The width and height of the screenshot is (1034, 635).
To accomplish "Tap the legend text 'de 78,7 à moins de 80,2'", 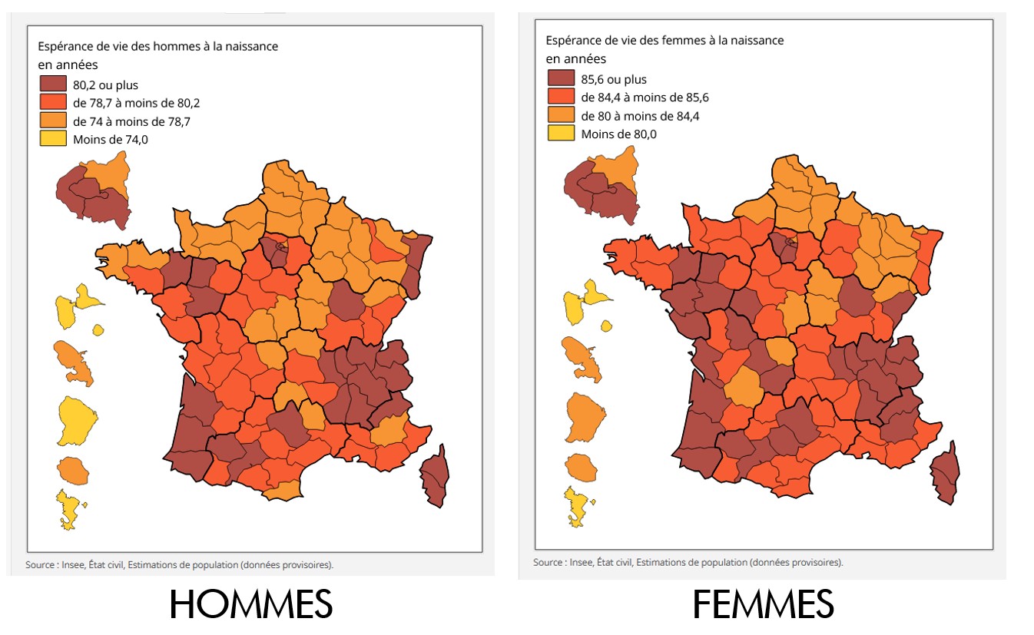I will pos(136,103).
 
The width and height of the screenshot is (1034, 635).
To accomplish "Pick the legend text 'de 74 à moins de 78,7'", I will pos(131,121).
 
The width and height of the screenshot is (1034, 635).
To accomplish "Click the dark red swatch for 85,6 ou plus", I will pos(561,78).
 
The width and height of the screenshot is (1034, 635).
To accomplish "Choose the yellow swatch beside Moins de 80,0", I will pos(561,134).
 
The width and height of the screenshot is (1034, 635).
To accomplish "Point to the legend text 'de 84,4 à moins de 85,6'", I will pos(645,98).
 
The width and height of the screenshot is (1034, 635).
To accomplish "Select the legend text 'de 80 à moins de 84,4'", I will pos(640,116).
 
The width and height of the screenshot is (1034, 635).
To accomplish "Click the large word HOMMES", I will pos(250,605).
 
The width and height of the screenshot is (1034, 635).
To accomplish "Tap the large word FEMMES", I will pos(763,605).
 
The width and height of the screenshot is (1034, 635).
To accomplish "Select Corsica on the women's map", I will pos(945,475).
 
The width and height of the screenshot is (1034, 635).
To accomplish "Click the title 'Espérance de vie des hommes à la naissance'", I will pos(157,46).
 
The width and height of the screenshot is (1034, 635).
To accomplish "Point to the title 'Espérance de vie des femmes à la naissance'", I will pos(664,41).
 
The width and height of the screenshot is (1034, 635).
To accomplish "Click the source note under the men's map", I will pos(180,565).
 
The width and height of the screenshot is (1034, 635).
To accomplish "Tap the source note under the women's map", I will pos(688,562).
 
